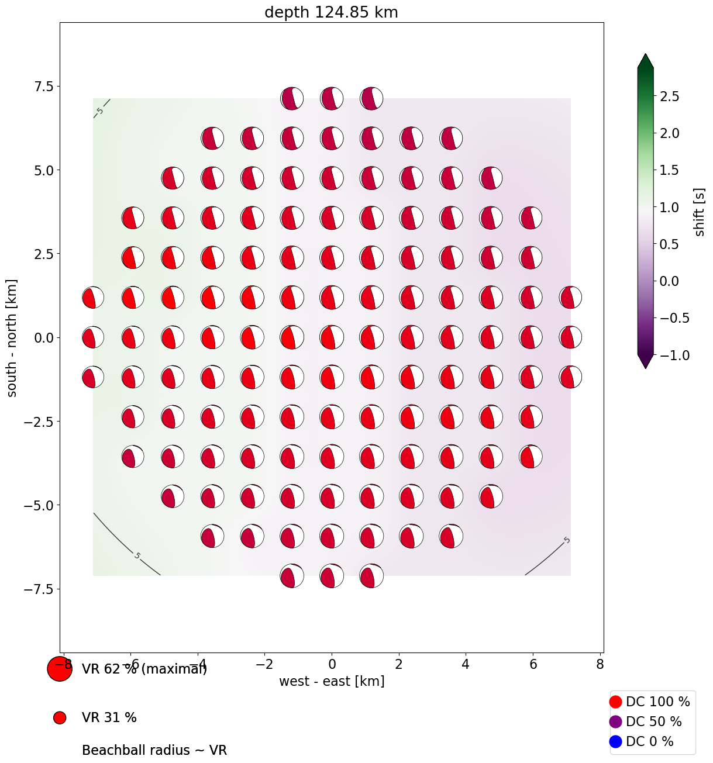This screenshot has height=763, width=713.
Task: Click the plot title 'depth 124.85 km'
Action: (x=331, y=12)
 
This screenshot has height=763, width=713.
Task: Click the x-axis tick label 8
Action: (x=600, y=664)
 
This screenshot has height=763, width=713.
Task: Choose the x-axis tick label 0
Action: (x=332, y=664)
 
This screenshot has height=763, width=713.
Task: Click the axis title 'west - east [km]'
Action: (x=332, y=681)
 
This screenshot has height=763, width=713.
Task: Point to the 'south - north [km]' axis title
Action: (x=12, y=338)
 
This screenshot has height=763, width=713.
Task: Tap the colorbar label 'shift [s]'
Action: (x=700, y=212)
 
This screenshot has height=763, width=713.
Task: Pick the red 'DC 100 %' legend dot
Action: (x=615, y=702)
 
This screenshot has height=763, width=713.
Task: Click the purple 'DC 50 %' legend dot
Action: (x=615, y=721)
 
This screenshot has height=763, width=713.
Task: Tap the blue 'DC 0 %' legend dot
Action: (x=615, y=741)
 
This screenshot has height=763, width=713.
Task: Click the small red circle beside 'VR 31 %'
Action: (x=59, y=718)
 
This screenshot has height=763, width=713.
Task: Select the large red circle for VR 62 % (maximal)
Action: (x=59, y=669)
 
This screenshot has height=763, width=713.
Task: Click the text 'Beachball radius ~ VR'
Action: (x=154, y=750)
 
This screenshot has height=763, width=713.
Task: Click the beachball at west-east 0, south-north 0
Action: (x=332, y=337)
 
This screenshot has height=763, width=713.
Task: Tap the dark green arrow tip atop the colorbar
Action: (x=645, y=60)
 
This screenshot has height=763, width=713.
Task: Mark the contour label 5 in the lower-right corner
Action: (x=566, y=540)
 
